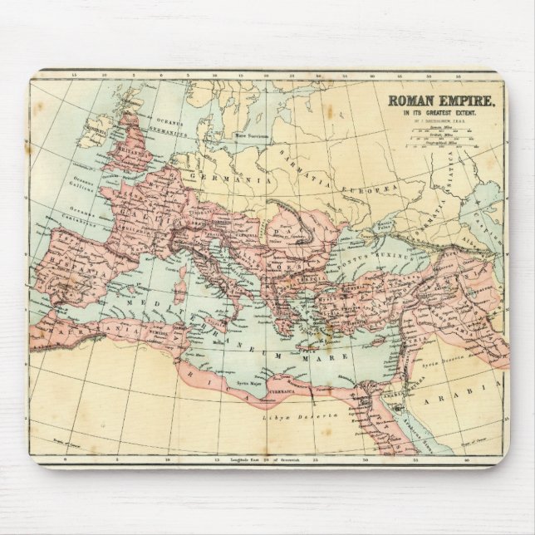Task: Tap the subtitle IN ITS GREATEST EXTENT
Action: click(439, 114)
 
